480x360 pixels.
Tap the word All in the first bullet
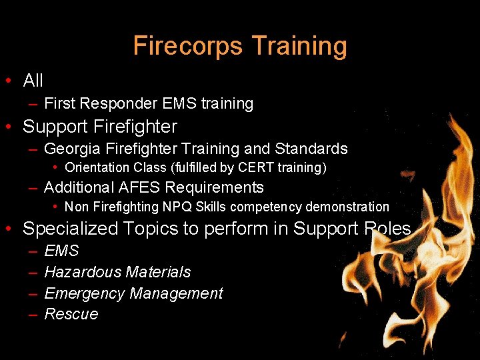click(x=33, y=81)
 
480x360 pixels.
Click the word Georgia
click(x=73, y=149)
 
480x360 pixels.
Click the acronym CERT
click(x=250, y=168)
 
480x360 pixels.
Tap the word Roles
click(x=387, y=229)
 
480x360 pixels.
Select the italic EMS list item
click(x=61, y=251)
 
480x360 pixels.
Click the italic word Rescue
click(x=71, y=314)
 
